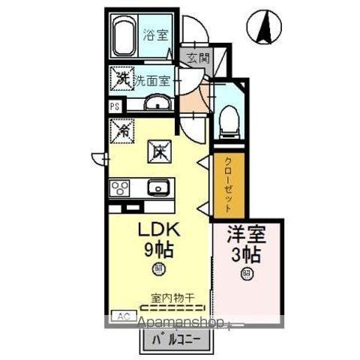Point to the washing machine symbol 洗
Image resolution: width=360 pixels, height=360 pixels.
(x=121, y=77)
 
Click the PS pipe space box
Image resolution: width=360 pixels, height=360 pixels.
(x=115, y=106)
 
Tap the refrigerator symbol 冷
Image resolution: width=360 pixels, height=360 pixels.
(x=121, y=130)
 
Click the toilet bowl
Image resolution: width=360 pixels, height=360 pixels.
(x=229, y=120)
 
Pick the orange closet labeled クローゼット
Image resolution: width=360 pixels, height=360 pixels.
(x=226, y=186)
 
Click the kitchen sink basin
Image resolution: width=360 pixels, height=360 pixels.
(x=157, y=187)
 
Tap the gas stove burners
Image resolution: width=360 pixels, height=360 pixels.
(x=120, y=187)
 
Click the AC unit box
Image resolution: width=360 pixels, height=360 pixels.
(x=119, y=317)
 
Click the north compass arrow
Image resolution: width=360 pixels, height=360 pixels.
(x=265, y=28)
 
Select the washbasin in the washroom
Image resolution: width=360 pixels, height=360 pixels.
(x=157, y=104)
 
